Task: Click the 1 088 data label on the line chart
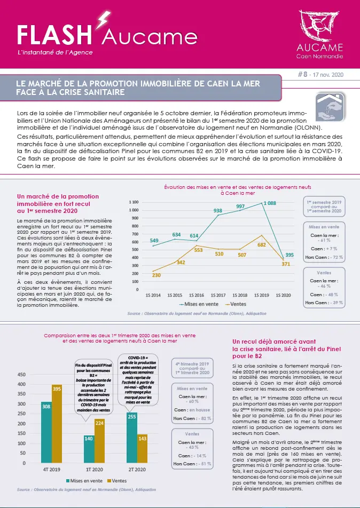(270, 203)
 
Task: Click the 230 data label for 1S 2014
(156, 275)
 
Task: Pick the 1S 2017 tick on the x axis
(218, 295)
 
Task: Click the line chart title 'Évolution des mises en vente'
(237, 187)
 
